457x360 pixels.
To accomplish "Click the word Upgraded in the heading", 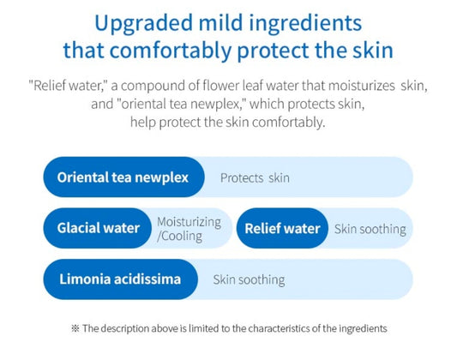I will pyautogui.click(x=140, y=21).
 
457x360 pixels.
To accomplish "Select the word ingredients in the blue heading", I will pyautogui.click(x=305, y=21).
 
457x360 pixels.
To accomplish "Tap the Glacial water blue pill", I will pyautogui.click(x=98, y=228).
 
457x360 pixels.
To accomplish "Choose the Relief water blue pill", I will pyautogui.click(x=282, y=228).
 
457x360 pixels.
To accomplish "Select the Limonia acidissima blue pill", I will pyautogui.click(x=119, y=279).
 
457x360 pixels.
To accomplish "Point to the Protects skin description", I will pyautogui.click(x=255, y=178).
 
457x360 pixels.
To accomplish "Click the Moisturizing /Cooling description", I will pyautogui.click(x=188, y=228).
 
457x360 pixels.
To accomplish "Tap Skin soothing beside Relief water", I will pyautogui.click(x=370, y=229).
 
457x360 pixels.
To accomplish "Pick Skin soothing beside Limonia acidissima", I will pyautogui.click(x=249, y=280).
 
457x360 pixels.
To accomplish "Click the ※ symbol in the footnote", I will pyautogui.click(x=75, y=328).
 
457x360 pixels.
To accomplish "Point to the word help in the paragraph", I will pyautogui.click(x=144, y=122).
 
